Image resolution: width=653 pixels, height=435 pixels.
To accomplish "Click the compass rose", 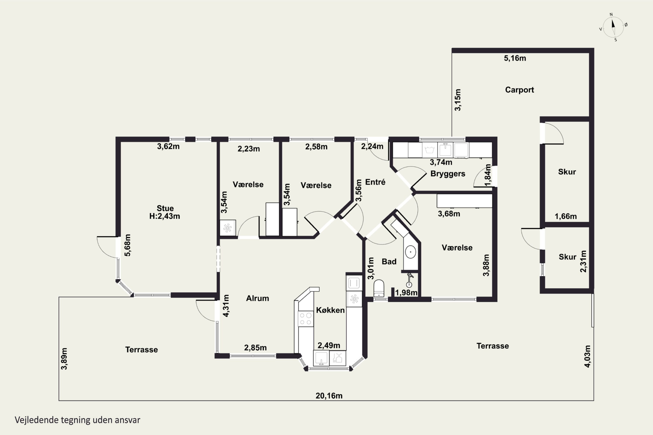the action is pos(613,27).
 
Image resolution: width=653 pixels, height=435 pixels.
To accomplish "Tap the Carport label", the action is pos(519,90).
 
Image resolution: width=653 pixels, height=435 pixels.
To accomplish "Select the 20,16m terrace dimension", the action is pos(329,396).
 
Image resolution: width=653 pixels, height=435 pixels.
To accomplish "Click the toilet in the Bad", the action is pos(379,288).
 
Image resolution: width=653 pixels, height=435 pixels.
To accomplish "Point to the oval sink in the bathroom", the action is pos(410,252).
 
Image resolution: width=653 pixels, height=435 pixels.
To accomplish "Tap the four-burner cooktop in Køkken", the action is pos(306,319).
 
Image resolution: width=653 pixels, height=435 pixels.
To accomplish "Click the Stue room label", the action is pos(165,208).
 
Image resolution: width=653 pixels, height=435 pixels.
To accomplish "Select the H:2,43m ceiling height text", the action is pos(165,216).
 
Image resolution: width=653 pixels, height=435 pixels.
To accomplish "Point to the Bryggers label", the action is pos(448,174).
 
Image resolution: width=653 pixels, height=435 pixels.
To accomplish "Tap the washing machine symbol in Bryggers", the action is pos(429,150).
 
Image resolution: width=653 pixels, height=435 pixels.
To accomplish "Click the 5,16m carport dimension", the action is pos(515,58).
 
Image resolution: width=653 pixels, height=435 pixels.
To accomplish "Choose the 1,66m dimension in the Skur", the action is pos(566,216).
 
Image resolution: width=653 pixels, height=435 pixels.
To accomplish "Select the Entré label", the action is pos(375,182).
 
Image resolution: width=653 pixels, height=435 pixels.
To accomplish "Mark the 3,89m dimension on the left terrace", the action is pos(64,359).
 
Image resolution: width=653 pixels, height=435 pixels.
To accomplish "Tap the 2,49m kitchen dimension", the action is pos(329,345).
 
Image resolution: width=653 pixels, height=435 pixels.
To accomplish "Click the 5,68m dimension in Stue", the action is pos(127,245).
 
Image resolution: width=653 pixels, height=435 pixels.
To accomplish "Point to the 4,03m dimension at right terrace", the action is pos(587,356).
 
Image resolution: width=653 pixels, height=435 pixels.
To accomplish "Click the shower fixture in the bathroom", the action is pos(409,280).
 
